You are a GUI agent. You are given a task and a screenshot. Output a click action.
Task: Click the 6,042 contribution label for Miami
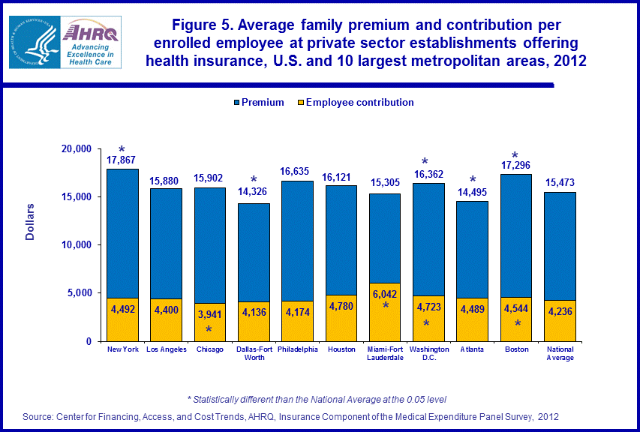(385, 295)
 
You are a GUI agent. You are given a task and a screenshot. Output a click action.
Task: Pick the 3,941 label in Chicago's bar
(209, 315)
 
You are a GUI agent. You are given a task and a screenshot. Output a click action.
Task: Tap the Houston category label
(341, 349)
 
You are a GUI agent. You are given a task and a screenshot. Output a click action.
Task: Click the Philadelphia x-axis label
(297, 349)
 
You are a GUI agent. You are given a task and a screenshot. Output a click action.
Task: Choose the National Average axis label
(560, 353)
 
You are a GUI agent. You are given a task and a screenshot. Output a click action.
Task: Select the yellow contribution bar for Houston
(341, 318)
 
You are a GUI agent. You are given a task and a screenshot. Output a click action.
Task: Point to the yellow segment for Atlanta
(473, 319)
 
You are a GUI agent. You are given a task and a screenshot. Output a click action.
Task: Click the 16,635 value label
(297, 172)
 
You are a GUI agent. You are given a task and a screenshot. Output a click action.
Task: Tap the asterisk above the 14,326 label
(254, 179)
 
